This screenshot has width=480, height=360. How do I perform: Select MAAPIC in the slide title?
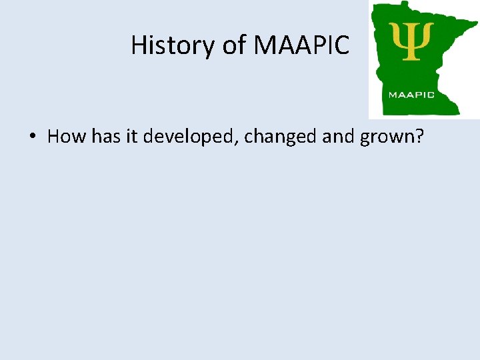click(x=302, y=45)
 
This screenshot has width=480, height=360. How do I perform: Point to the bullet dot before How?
click(x=32, y=137)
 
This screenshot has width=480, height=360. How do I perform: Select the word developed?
click(x=190, y=137)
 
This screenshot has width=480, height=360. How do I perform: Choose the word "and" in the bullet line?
click(x=339, y=137)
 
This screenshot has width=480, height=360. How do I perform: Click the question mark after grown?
click(x=421, y=137)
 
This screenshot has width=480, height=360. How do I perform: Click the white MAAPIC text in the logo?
click(x=411, y=95)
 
